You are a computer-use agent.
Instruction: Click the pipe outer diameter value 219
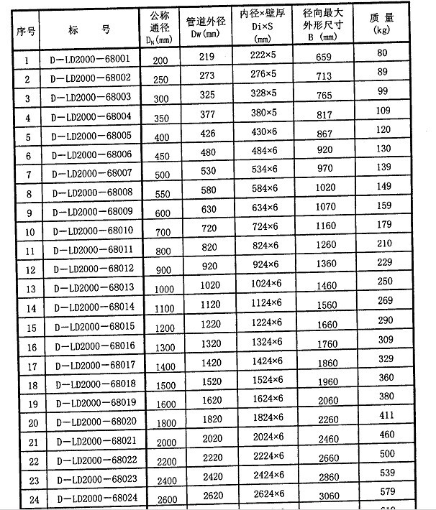pyautogui.click(x=206, y=56)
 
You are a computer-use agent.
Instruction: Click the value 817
pyautogui.click(x=325, y=113)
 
